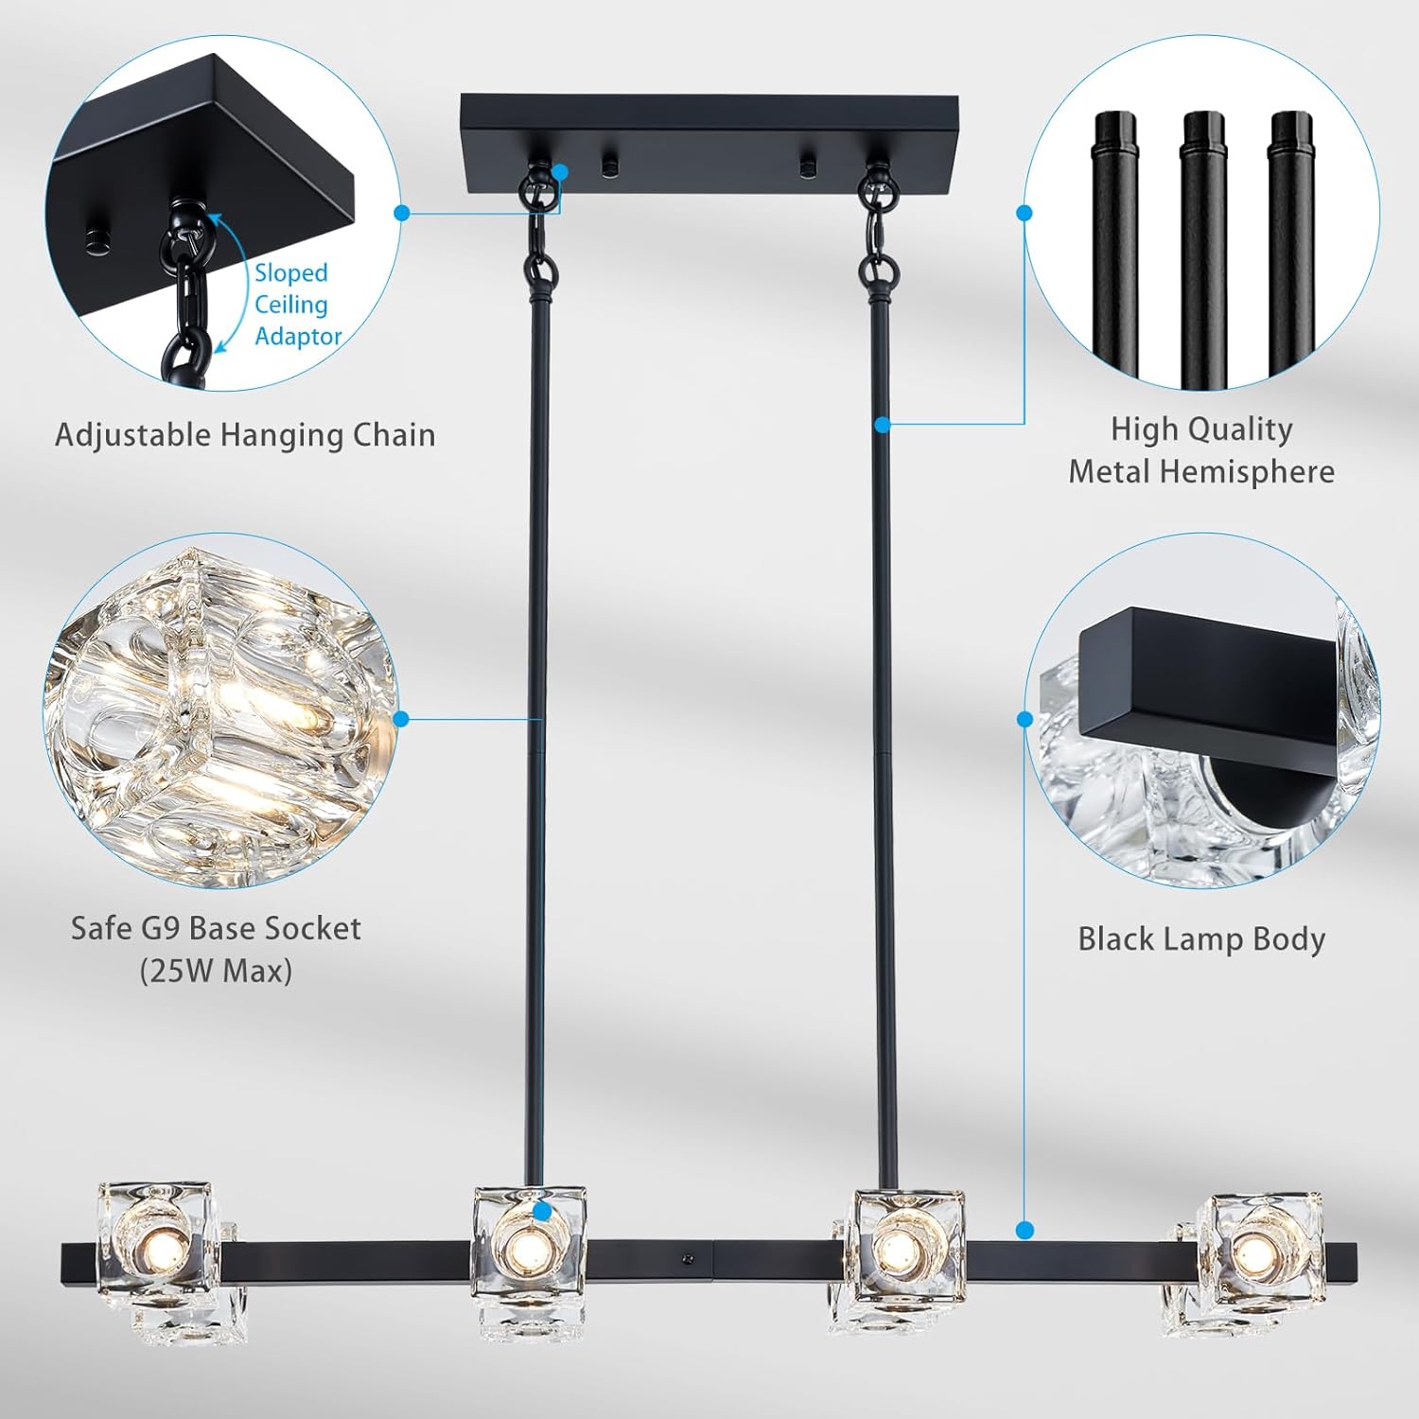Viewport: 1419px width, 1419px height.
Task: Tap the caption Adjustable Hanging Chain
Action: click(245, 435)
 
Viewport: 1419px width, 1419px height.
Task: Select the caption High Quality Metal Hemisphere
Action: click(1201, 450)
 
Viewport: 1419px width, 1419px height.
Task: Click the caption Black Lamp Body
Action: click(1201, 939)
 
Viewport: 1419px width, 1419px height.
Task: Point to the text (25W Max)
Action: click(216, 972)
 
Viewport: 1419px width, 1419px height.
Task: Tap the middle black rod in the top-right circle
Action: click(1203, 246)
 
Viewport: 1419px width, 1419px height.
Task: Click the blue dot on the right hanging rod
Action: click(883, 425)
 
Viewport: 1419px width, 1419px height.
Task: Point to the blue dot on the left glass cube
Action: click(541, 1211)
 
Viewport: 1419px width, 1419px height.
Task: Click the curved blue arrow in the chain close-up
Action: click(227, 284)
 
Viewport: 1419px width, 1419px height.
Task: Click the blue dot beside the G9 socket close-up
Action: click(400, 719)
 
